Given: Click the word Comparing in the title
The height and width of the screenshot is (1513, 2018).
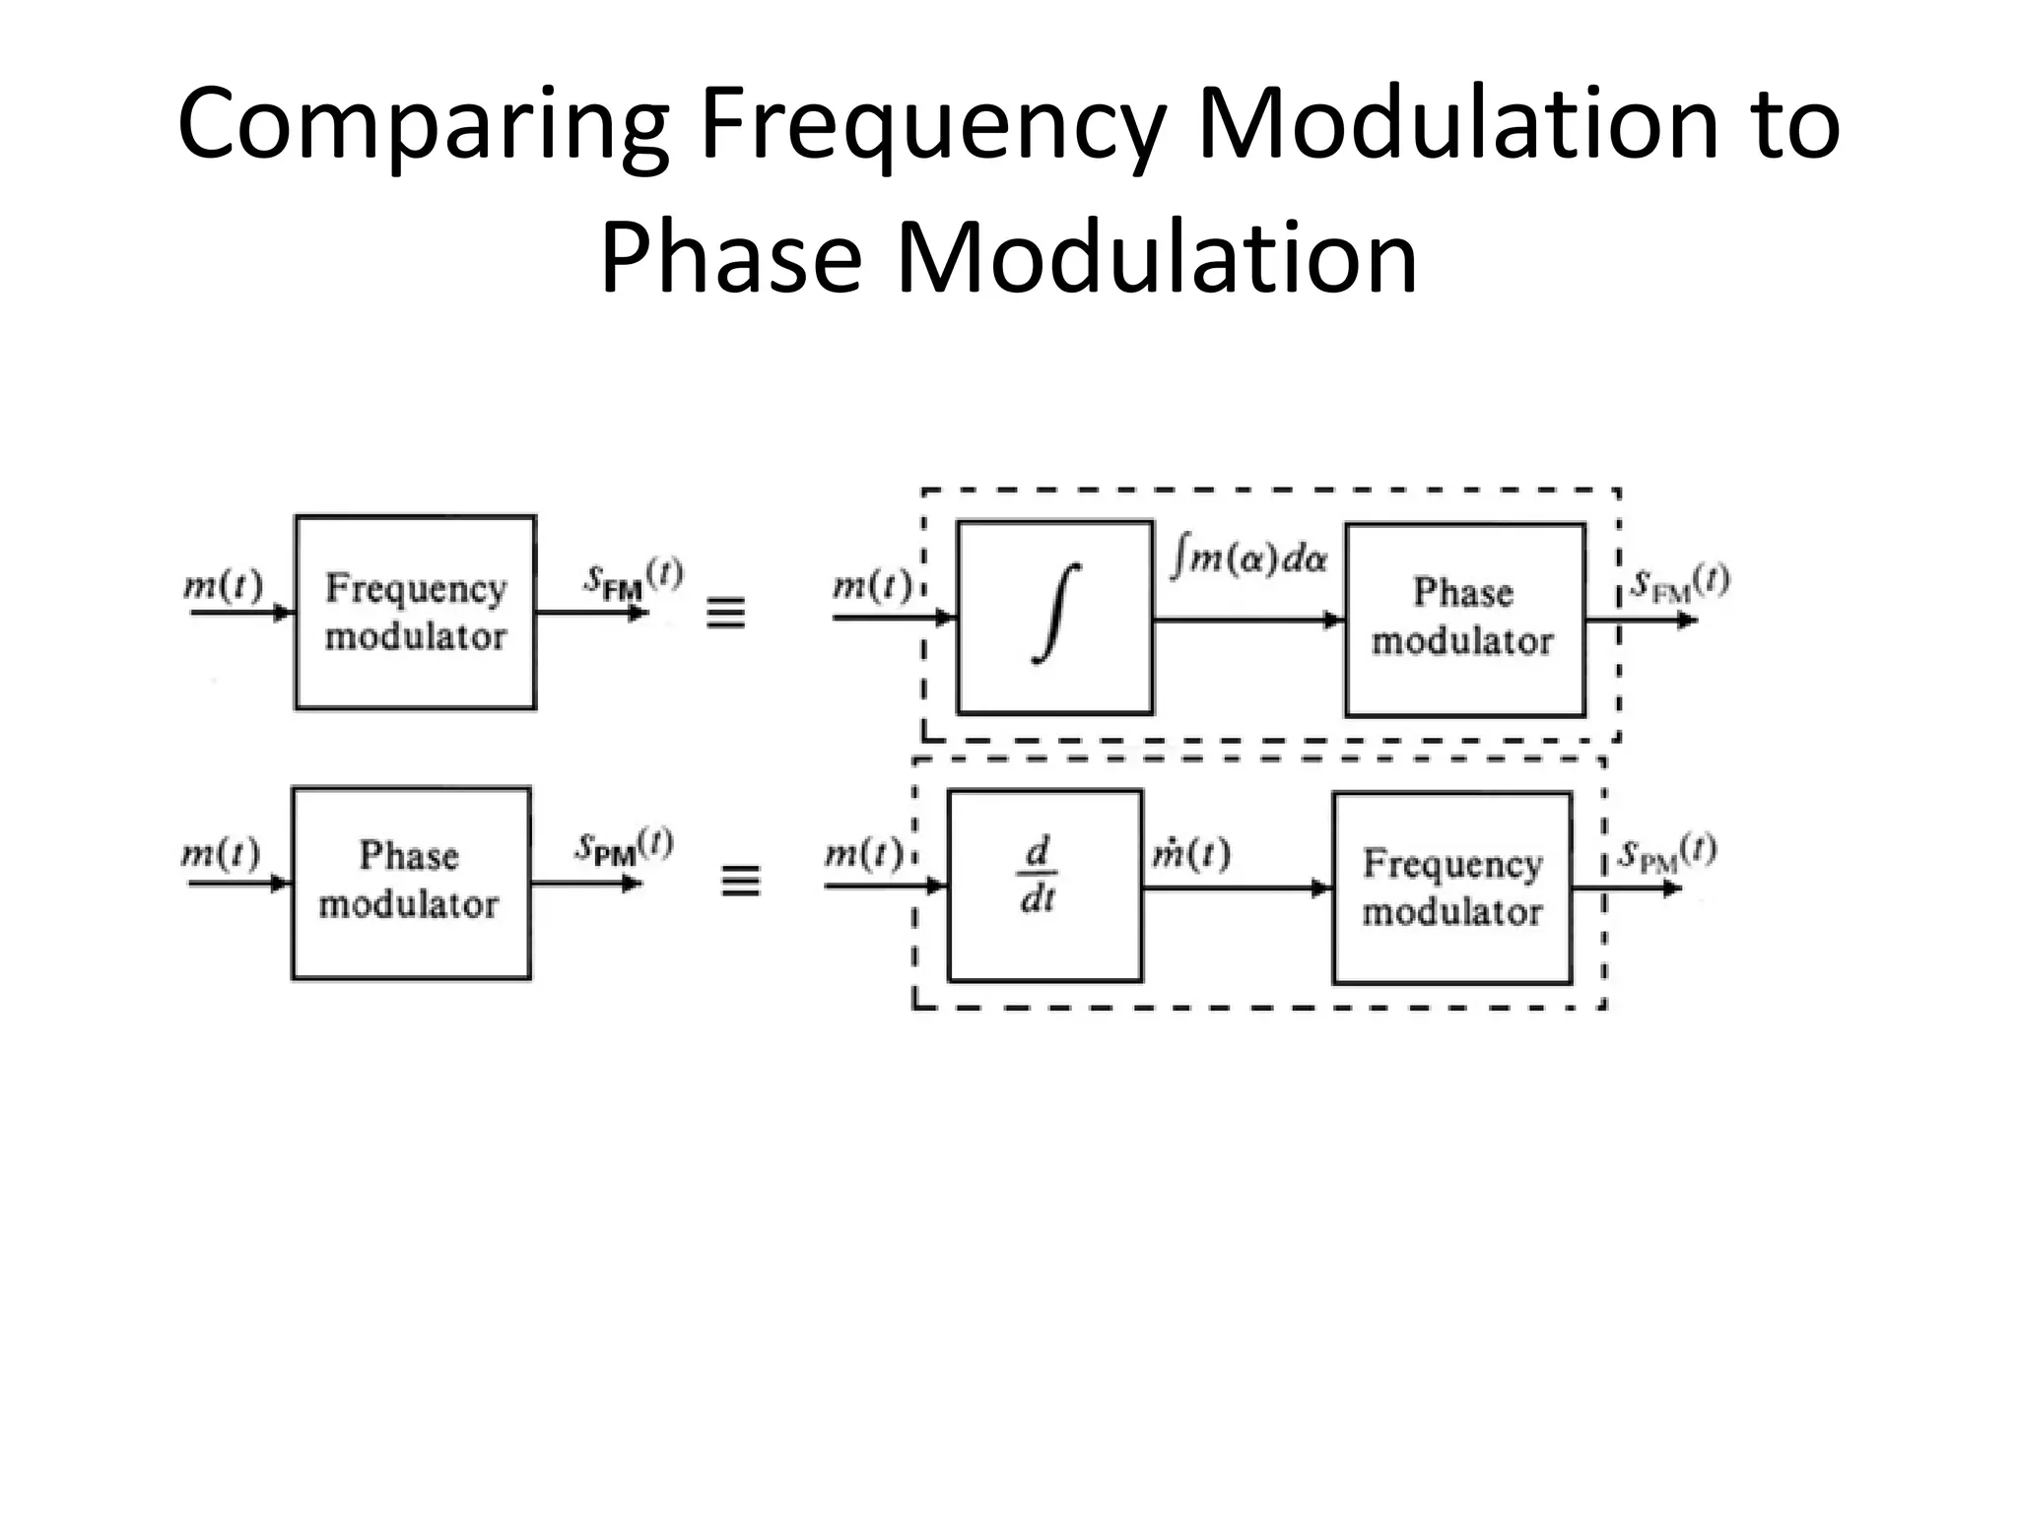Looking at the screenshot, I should tap(425, 125).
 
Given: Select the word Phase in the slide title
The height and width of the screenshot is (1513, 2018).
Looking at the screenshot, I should tap(730, 258).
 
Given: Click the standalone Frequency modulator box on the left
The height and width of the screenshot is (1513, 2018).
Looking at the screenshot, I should tap(415, 612).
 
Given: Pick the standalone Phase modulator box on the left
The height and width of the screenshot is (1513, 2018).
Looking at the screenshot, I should tap(411, 883).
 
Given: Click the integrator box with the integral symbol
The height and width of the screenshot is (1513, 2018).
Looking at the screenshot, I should tap(1054, 618).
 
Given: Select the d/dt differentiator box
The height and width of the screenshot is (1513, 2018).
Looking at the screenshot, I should tap(1044, 886).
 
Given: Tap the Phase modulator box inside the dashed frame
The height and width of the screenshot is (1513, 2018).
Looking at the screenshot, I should tap(1464, 620).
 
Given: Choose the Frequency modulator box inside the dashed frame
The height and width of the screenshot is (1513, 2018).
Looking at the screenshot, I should tap(1451, 888).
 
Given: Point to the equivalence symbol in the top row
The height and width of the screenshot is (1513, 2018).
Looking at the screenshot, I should tap(726, 615).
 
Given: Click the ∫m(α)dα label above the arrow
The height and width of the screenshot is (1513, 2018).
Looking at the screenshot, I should tap(1249, 559).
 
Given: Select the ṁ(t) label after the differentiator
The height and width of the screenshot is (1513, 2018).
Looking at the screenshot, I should tap(1191, 853).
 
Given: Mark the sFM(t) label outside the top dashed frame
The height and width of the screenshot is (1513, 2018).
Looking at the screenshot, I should tap(1679, 583).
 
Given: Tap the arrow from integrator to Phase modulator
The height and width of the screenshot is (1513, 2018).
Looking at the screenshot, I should tap(1248, 620).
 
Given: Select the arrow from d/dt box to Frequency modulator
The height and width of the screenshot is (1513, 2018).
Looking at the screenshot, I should tap(1237, 888).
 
